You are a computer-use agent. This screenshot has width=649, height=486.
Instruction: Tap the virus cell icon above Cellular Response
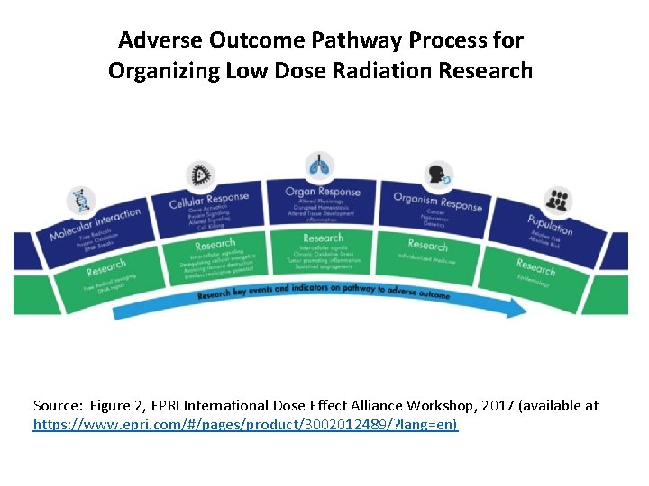199,175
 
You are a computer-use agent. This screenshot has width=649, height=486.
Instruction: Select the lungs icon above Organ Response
319,166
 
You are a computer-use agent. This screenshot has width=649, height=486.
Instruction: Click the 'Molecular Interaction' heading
95,224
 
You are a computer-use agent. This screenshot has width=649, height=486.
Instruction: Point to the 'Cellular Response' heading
208,200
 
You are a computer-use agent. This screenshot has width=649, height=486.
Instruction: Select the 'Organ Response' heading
322,191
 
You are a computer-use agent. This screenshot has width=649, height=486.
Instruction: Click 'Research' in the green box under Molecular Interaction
105,267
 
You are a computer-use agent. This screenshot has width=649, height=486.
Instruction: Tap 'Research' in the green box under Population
535,266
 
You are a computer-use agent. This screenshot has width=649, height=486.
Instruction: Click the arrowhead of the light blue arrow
517,308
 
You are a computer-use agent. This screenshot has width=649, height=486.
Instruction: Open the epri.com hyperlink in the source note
245,423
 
